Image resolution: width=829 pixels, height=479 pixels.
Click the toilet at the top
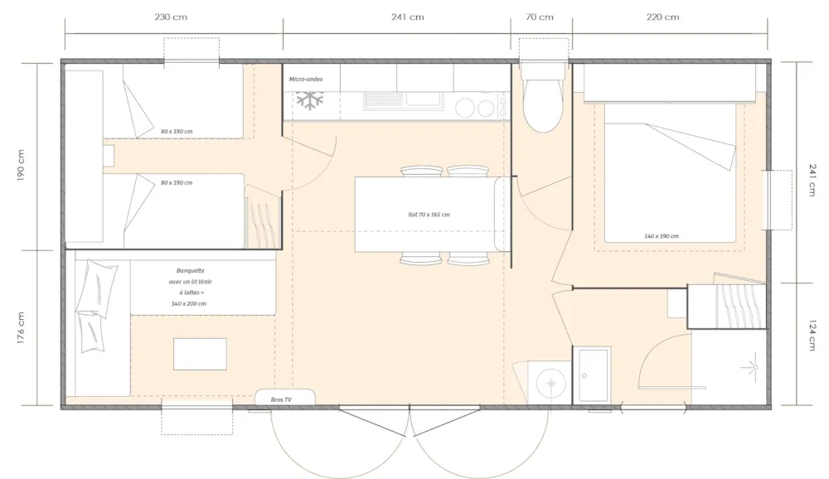pyautogui.click(x=543, y=99)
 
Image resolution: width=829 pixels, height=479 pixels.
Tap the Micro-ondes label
pyautogui.click(x=306, y=80)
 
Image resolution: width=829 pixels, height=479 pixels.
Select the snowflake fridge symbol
pyautogui.click(x=309, y=100)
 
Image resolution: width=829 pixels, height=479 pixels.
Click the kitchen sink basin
pyautogui.click(x=424, y=99)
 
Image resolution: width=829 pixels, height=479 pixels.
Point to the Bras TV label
pyautogui.click(x=281, y=399)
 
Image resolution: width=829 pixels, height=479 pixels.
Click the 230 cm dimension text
pyautogui.click(x=171, y=17)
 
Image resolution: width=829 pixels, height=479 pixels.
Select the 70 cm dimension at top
pyautogui.click(x=540, y=17)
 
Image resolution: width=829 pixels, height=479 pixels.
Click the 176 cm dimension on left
pyautogui.click(x=21, y=328)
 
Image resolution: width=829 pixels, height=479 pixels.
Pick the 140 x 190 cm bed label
pyautogui.click(x=662, y=236)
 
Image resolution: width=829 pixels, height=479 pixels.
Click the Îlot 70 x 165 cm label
pyautogui.click(x=429, y=215)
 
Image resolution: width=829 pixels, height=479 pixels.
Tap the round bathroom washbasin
pyautogui.click(x=552, y=383)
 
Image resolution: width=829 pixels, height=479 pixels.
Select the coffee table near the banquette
pyautogui.click(x=200, y=354)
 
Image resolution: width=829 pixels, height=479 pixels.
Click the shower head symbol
pyautogui.click(x=753, y=367)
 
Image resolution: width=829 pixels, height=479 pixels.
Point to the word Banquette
pyautogui.click(x=191, y=271)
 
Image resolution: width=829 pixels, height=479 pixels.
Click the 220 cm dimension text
pyautogui.click(x=662, y=17)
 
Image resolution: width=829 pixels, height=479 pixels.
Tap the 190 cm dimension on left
pyautogui.click(x=21, y=166)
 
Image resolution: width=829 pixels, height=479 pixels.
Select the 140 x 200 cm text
pyautogui.click(x=189, y=304)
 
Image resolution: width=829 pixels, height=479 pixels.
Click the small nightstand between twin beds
pyautogui.click(x=109, y=156)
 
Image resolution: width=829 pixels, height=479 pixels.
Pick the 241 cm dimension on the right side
pyautogui.click(x=812, y=180)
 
